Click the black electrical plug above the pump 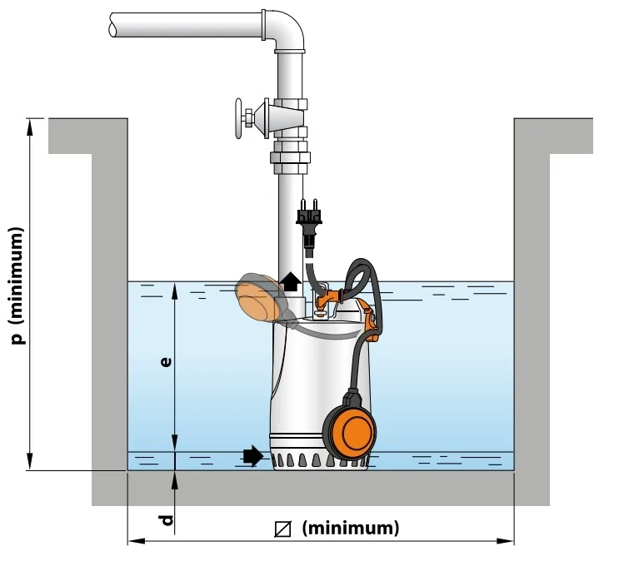tap(308, 221)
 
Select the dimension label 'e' tap(167, 364)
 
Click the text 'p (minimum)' tap(19, 284)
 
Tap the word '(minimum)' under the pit tap(350, 528)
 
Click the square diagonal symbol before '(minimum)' tap(283, 529)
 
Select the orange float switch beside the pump tap(350, 430)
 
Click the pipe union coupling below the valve tap(289, 156)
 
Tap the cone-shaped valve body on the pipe tap(271, 118)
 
